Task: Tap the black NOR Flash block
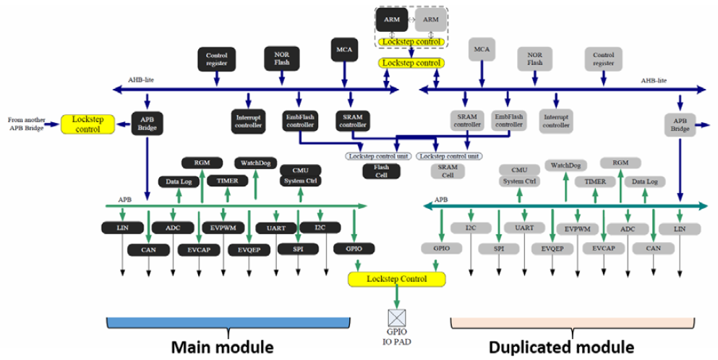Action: [281, 58]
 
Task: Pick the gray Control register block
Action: [604, 59]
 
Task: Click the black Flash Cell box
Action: [381, 171]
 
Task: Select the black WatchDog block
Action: [255, 163]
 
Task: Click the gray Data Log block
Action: [644, 182]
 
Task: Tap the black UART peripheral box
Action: [276, 228]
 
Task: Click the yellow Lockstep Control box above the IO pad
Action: [397, 278]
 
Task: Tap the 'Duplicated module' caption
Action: [561, 347]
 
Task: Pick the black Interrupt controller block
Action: [249, 120]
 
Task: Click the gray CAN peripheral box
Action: [653, 249]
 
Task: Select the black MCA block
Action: [343, 49]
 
